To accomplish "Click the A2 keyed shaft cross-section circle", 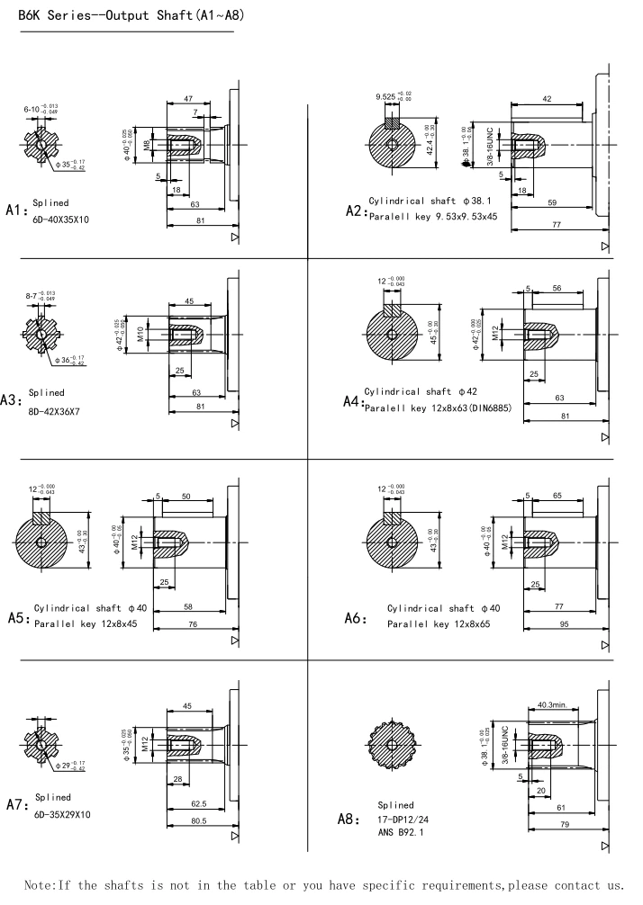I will point(393,144).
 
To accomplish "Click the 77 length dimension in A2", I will point(557,223).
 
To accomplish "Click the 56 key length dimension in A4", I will point(558,288).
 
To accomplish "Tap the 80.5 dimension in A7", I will point(199,820).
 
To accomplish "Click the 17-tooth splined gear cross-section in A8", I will point(393,746).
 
